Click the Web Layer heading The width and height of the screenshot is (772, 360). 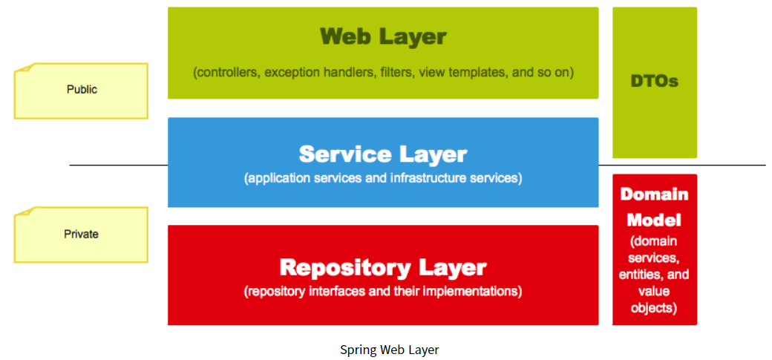point(383,36)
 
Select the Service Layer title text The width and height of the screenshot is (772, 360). point(383,154)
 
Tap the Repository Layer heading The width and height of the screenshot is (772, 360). point(383,267)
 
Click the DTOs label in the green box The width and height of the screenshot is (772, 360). point(655,81)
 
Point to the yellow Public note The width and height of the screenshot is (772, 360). point(81,90)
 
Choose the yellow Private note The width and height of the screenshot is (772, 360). point(81,235)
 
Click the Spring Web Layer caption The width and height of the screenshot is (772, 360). point(390,350)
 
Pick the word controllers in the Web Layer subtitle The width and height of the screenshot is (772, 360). point(228,73)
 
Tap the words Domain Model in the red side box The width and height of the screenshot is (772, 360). point(655,207)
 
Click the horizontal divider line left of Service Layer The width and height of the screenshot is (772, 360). point(119,165)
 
